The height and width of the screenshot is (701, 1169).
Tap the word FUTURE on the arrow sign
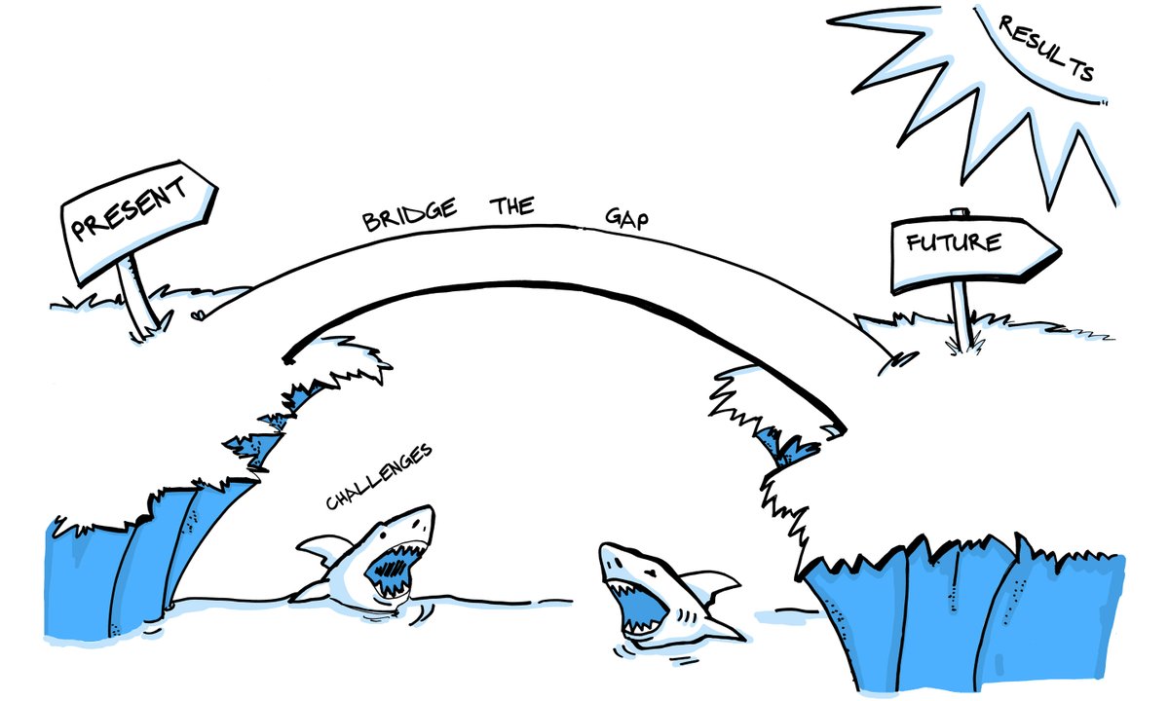tap(955, 242)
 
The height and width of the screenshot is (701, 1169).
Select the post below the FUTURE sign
tap(962, 316)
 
